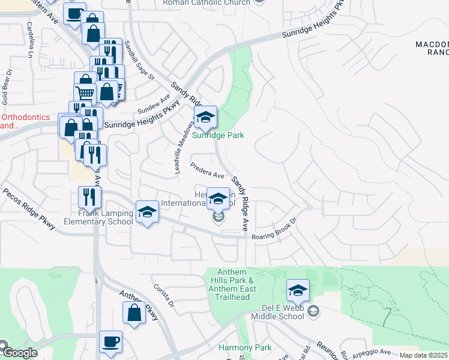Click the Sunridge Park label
point(218,136)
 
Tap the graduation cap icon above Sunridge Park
point(205,118)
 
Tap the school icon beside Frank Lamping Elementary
point(146,212)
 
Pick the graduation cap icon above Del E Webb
point(298,291)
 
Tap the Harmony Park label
point(245,347)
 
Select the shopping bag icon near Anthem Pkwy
point(134,313)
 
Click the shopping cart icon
point(85,94)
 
